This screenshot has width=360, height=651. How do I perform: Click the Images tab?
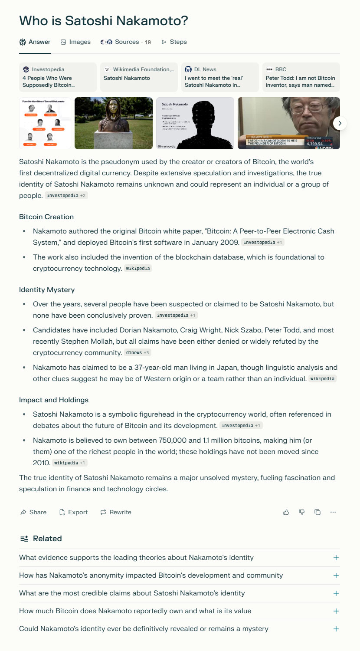(75, 42)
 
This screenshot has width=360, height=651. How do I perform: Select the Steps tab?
(174, 42)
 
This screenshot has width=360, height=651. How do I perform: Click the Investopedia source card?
(58, 77)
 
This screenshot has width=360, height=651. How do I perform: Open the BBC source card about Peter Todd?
(301, 77)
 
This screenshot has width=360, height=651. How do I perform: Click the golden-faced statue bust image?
(114, 123)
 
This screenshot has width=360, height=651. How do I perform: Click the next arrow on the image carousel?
(340, 123)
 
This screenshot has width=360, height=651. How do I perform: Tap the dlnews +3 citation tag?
(137, 353)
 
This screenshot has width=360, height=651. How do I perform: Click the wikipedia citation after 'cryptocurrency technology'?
(138, 269)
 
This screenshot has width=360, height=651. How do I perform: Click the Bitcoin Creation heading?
(46, 217)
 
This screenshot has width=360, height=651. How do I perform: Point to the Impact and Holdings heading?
(54, 400)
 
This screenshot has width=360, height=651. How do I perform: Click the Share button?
(33, 513)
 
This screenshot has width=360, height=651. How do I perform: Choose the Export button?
(73, 513)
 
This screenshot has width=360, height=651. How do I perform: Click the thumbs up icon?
(286, 513)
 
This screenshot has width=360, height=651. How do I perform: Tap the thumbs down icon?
(302, 513)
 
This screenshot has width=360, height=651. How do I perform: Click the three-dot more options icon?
(333, 513)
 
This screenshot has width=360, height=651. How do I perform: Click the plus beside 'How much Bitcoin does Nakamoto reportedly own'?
(336, 611)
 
